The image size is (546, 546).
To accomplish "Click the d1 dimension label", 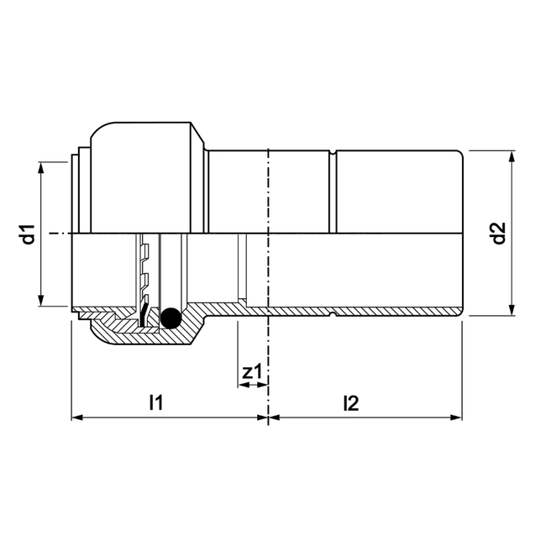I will (x=27, y=234).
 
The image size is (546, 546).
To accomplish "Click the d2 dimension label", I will (x=498, y=233).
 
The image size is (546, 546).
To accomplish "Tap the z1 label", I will (x=250, y=370).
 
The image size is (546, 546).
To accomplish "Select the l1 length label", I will (x=155, y=403).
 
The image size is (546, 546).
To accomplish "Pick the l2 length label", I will (x=351, y=403).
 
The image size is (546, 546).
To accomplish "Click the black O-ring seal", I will (x=171, y=318).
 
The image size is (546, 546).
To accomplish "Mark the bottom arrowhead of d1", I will (x=40, y=303).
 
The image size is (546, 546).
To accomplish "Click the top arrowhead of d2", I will (x=511, y=156).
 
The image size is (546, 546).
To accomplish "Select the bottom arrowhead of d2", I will (x=511, y=311).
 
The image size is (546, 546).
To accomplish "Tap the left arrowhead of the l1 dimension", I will (x=76, y=417).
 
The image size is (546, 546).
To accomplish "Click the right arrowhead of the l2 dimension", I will (x=458, y=417).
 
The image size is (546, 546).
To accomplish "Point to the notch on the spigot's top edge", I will (x=334, y=154).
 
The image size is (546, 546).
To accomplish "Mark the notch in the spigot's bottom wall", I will (x=334, y=314).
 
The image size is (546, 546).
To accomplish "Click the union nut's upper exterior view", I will (x=147, y=176).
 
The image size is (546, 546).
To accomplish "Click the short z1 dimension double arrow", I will (x=252, y=386).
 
